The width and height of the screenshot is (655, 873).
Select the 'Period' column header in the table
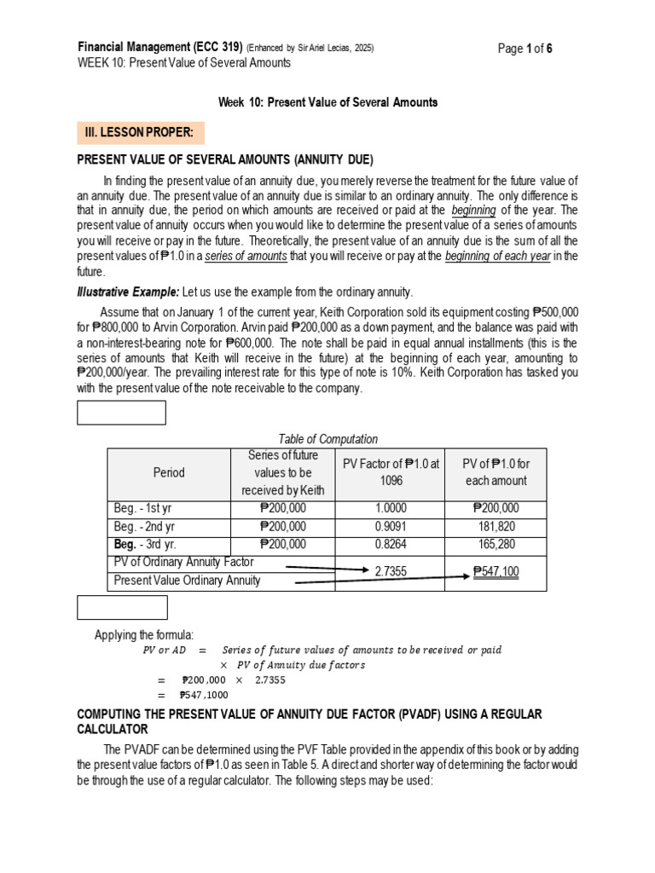click(x=168, y=472)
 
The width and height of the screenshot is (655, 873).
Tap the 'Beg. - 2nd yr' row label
click(x=145, y=526)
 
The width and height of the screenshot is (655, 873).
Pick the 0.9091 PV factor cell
click(x=390, y=526)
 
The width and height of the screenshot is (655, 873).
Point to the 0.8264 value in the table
click(x=390, y=544)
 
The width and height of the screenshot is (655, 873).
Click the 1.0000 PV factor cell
click(x=390, y=508)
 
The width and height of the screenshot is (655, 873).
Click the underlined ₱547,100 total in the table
click(x=496, y=571)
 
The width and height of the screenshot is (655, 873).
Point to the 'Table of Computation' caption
click(x=327, y=439)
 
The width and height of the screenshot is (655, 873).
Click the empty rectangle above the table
click(x=122, y=413)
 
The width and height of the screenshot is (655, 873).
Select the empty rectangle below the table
click(x=123, y=608)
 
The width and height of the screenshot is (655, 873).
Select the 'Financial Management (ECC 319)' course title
click(x=159, y=48)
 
